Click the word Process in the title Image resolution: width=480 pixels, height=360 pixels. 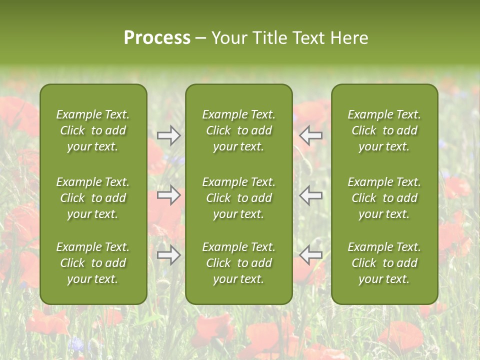pyautogui.click(x=157, y=38)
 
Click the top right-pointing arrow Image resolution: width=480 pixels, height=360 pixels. pyautogui.click(x=169, y=135)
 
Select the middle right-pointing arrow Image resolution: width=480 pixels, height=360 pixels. pyautogui.click(x=169, y=195)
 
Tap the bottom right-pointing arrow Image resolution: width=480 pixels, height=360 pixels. pyautogui.click(x=169, y=255)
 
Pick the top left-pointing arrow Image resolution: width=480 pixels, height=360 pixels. pyautogui.click(x=310, y=135)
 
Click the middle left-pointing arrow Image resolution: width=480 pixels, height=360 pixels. pyautogui.click(x=310, y=195)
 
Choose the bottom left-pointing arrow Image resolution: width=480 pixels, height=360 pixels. pyautogui.click(x=310, y=255)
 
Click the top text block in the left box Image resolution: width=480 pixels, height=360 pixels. pyautogui.click(x=93, y=130)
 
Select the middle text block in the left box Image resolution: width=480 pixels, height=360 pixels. pyautogui.click(x=93, y=198)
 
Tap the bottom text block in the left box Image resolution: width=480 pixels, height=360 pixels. pyautogui.click(x=93, y=263)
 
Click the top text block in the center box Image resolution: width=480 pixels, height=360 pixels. pyautogui.click(x=239, y=130)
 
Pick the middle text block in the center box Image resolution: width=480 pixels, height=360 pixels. pyautogui.click(x=239, y=198)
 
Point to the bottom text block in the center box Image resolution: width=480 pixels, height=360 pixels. pyautogui.click(x=239, y=263)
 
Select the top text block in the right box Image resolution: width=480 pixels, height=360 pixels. pyautogui.click(x=384, y=130)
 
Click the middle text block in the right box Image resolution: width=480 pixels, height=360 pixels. pyautogui.click(x=384, y=198)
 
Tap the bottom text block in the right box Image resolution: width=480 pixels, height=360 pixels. pyautogui.click(x=384, y=263)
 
